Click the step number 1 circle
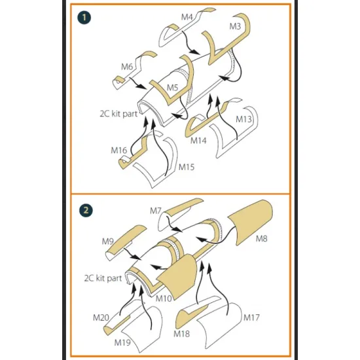[x=84, y=18]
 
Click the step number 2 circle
[x=86, y=210]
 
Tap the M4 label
[x=187, y=17]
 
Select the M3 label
[x=235, y=26]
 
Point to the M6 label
[x=127, y=67]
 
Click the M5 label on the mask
[x=172, y=88]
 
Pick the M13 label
[x=244, y=119]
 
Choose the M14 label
[x=198, y=140]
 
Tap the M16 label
[x=118, y=151]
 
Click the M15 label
[x=187, y=167]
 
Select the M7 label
[x=156, y=211]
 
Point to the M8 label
[x=262, y=239]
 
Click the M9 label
[x=108, y=242]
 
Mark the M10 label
[x=164, y=298]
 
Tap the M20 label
[x=101, y=317]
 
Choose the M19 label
[x=122, y=342]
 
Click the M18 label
[x=181, y=334]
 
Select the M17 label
[x=251, y=317]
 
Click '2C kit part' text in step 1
[x=118, y=114]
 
